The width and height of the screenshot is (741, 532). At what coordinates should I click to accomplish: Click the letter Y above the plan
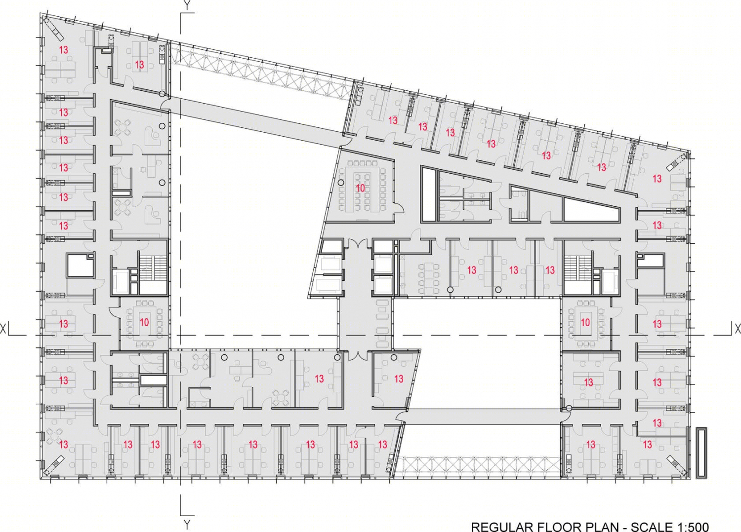coord(188,5)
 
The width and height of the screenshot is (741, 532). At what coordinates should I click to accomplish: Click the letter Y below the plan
coord(187,524)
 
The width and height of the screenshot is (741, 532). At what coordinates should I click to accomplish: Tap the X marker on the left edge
coord(3,329)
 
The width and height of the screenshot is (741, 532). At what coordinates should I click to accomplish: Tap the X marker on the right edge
coord(738,329)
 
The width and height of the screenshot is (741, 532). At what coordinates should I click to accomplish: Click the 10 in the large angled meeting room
coord(360,188)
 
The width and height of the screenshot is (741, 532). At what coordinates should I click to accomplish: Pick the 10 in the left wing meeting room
coord(144,322)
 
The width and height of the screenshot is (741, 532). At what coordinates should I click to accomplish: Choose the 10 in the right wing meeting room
coord(585,322)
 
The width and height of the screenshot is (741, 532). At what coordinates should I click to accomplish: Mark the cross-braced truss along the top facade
coord(261,72)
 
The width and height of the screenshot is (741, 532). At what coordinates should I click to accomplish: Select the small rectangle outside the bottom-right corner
coord(701,453)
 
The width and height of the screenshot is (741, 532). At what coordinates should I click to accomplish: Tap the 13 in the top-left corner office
coord(64,50)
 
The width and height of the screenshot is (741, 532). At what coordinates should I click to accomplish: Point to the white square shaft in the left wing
coord(81,265)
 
